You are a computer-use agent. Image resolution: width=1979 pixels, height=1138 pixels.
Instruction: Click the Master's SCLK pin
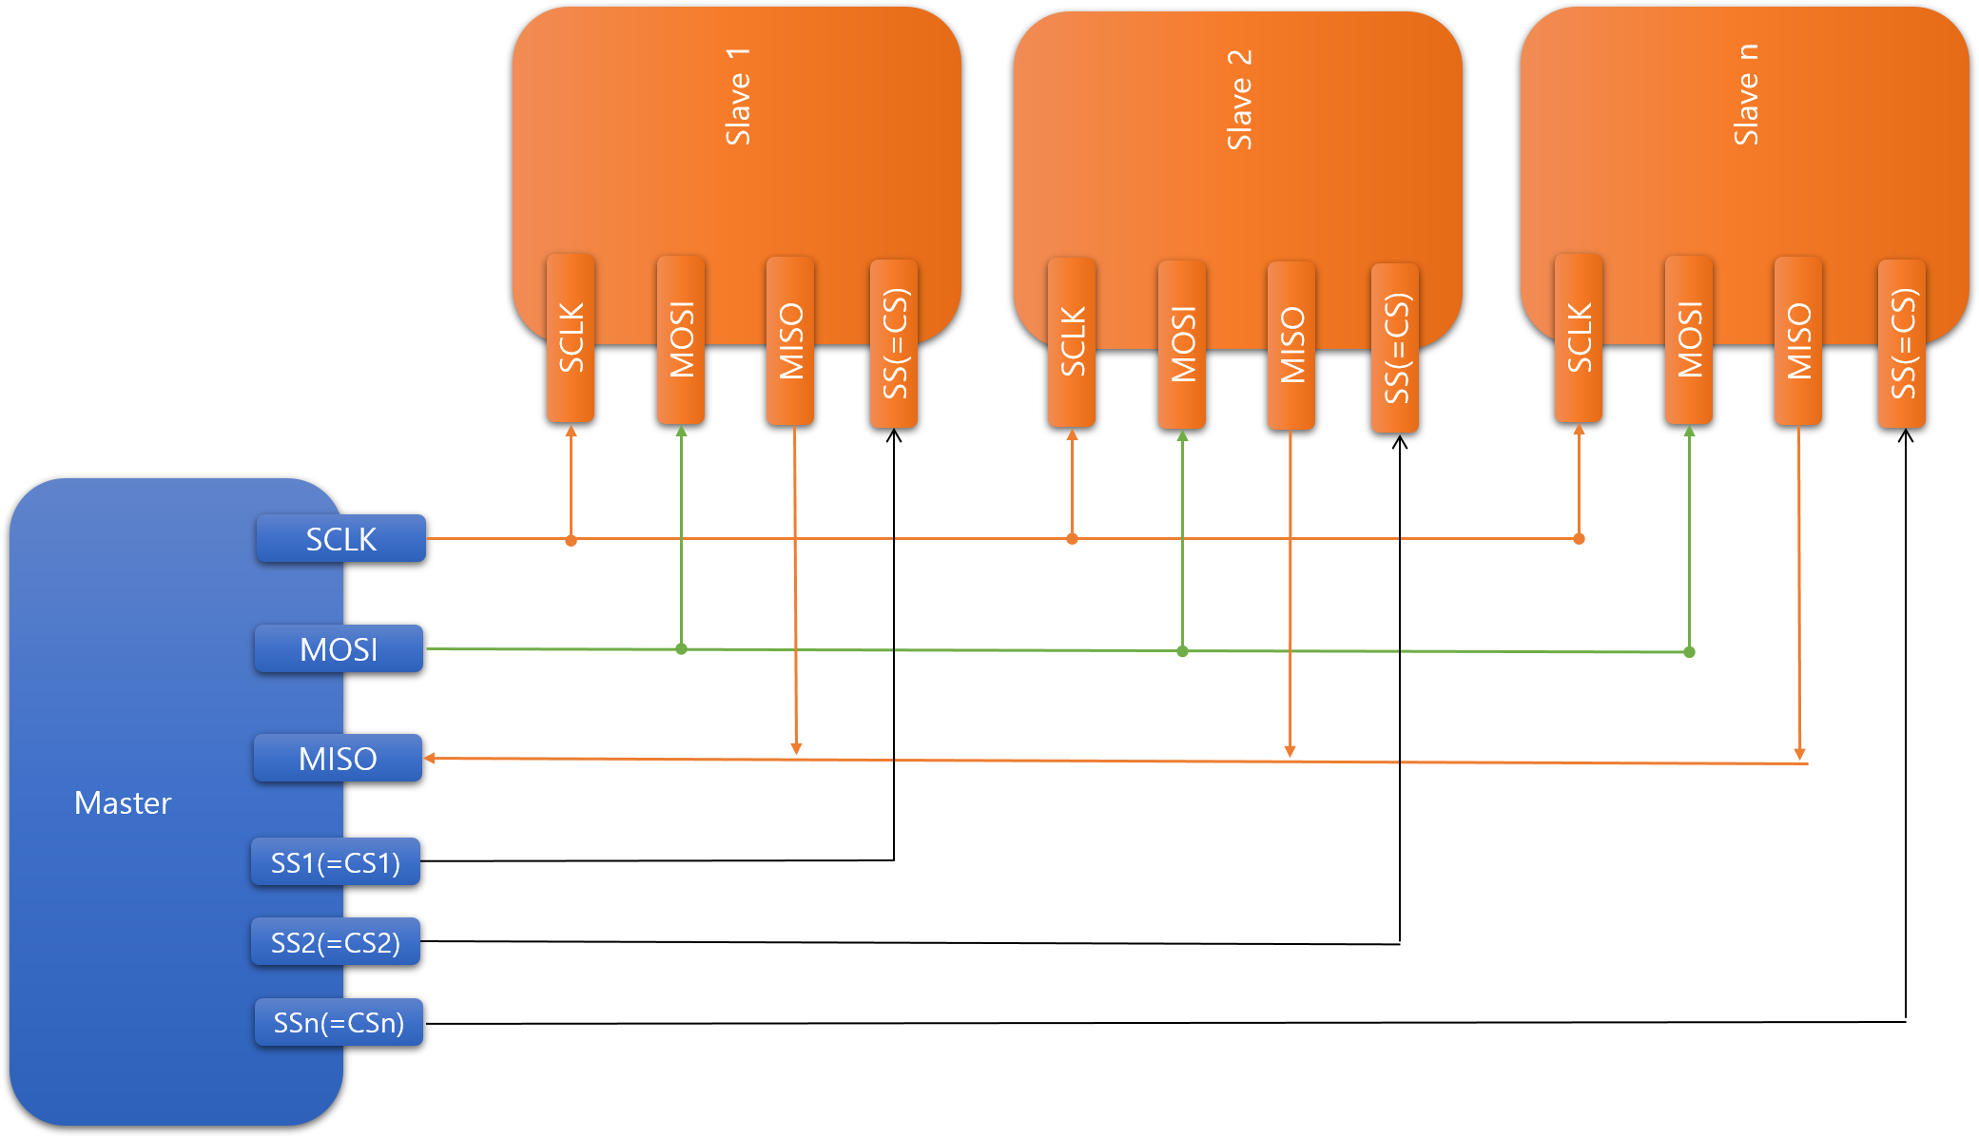pos(340,539)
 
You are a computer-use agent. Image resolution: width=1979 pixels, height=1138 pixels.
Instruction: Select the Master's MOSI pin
pos(339,649)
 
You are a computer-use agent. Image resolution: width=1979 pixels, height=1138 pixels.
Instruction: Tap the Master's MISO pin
pos(338,759)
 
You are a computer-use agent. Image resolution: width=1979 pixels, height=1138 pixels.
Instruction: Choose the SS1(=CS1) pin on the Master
pos(336,862)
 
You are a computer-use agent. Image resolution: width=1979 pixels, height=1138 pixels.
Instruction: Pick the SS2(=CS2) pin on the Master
pos(336,942)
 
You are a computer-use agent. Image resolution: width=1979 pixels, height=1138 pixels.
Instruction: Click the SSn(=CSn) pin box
pos(339,1023)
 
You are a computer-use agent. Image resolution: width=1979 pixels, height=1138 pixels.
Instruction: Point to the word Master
pos(123,803)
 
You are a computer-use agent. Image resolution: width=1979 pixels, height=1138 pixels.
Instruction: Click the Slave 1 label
pos(738,96)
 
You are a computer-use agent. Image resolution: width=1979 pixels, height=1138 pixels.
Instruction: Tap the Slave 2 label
pos(1239,99)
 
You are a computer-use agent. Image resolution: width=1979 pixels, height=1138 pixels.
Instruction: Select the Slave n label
pos(1746,95)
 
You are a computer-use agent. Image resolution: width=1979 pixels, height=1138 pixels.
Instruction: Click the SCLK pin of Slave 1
pos(571,338)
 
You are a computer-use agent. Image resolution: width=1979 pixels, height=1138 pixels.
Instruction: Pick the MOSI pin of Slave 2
pos(1182,344)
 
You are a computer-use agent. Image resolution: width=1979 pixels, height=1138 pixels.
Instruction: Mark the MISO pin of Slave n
pos(1798,340)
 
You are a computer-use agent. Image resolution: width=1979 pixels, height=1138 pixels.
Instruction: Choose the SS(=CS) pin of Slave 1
pos(894,343)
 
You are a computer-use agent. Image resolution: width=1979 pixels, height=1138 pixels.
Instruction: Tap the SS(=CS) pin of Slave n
pos(1902,343)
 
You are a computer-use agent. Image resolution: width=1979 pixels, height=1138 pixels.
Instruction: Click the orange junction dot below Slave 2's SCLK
pos(1072,539)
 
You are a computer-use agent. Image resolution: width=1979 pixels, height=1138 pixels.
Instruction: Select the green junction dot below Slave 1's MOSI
pos(681,649)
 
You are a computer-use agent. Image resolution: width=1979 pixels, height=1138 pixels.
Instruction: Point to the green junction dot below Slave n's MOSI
pos(1689,652)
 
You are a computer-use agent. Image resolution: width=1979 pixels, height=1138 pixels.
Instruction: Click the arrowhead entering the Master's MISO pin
pos(430,758)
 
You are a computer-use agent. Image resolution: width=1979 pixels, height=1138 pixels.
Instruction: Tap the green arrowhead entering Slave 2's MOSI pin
pos(1182,436)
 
